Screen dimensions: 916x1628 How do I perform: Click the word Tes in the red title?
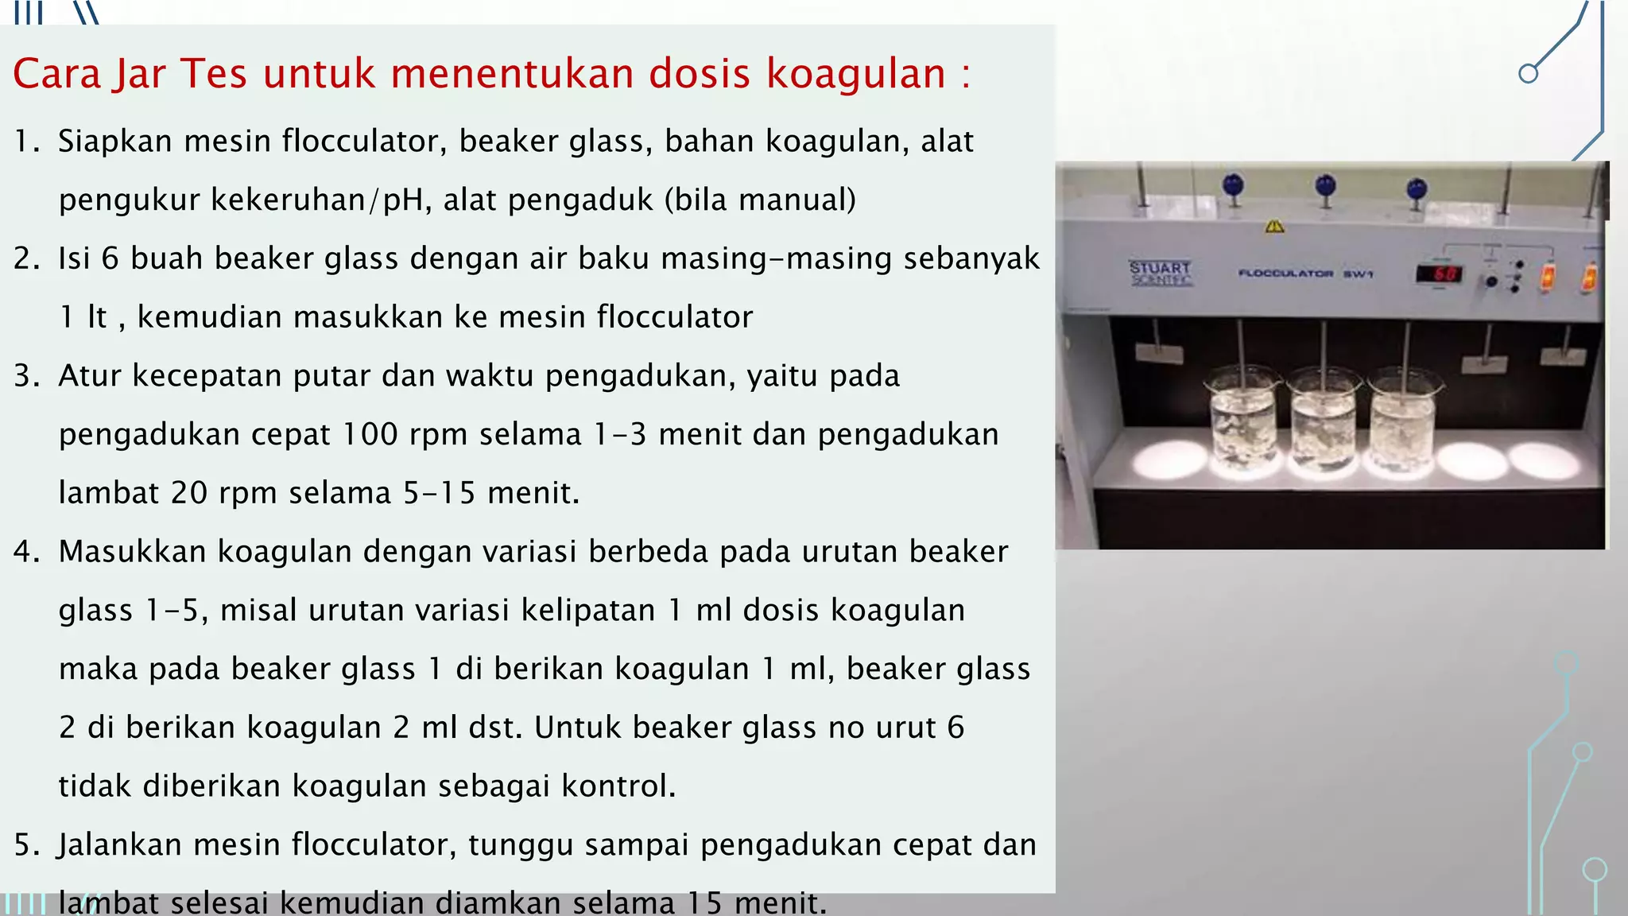click(214, 74)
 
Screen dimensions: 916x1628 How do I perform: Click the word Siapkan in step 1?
click(115, 142)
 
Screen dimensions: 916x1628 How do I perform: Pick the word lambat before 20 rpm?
click(109, 493)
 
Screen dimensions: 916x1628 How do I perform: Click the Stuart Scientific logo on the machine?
click(1161, 273)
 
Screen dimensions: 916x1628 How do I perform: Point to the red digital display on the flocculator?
click(1438, 274)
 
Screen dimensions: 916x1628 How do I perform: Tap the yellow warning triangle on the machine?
click(1274, 227)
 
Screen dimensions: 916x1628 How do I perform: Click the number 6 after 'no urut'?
click(955, 728)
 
